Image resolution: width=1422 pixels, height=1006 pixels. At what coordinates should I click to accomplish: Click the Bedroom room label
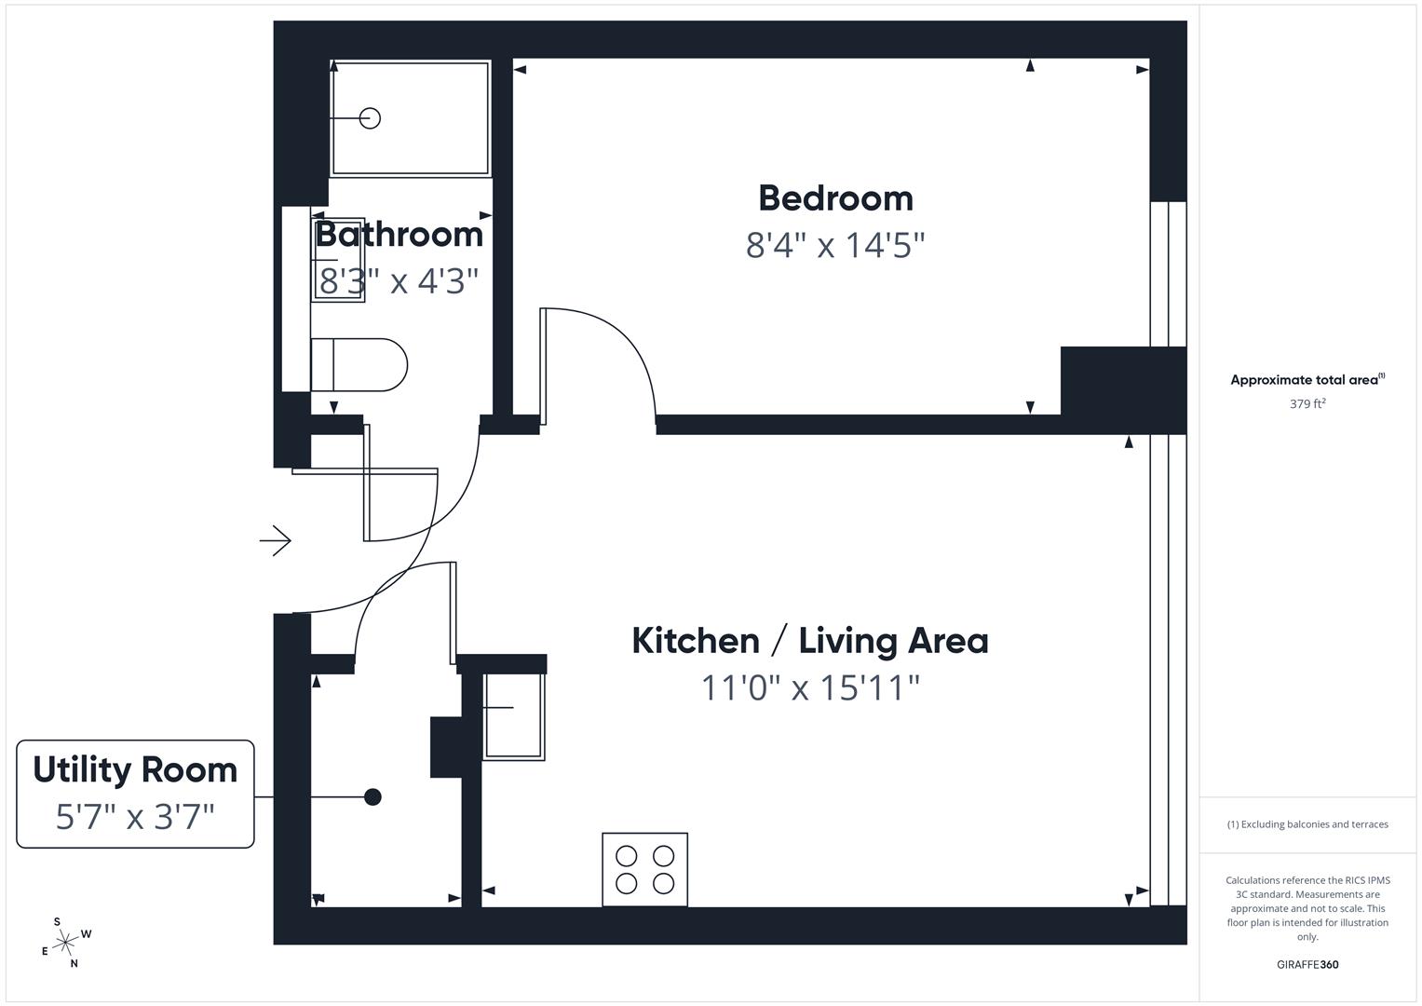[x=835, y=198]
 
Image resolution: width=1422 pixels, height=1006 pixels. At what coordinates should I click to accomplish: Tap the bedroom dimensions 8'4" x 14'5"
[x=835, y=246]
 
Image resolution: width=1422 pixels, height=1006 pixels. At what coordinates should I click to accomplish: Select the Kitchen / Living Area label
[x=809, y=641]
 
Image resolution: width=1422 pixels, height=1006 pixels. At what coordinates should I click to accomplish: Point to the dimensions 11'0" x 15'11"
[x=809, y=688]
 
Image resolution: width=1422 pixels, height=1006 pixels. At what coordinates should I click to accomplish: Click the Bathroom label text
[x=400, y=234]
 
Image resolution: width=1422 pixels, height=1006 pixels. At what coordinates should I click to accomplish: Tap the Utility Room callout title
[x=135, y=770]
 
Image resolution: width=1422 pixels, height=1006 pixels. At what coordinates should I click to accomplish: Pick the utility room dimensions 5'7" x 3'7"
[x=135, y=817]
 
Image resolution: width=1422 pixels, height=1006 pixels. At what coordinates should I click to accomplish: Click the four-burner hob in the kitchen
[x=644, y=869]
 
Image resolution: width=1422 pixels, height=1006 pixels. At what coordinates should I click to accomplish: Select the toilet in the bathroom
[x=359, y=364]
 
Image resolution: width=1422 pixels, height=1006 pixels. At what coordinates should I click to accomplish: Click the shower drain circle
[x=370, y=118]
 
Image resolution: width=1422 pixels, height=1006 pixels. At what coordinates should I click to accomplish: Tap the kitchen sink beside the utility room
[x=513, y=714]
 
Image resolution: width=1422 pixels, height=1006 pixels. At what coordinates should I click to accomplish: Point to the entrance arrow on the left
[x=276, y=540]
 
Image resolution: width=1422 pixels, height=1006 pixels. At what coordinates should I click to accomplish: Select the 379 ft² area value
[x=1307, y=404]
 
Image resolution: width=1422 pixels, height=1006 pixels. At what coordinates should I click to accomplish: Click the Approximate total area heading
[x=1307, y=380]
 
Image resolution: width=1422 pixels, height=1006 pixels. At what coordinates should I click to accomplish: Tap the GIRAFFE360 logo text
[x=1307, y=965]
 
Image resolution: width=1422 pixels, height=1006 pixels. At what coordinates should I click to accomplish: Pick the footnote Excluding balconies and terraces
[x=1307, y=824]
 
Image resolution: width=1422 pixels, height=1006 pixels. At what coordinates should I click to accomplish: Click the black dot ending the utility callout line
[x=372, y=797]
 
